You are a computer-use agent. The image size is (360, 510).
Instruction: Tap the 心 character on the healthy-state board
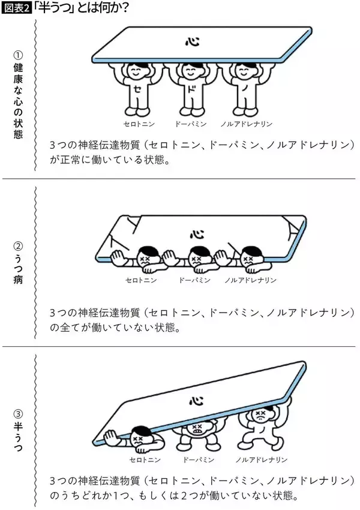pyautogui.click(x=190, y=41)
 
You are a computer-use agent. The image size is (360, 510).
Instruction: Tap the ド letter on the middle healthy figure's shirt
pyautogui.click(x=191, y=91)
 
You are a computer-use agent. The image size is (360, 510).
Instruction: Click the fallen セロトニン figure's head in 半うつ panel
pyautogui.click(x=141, y=436)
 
